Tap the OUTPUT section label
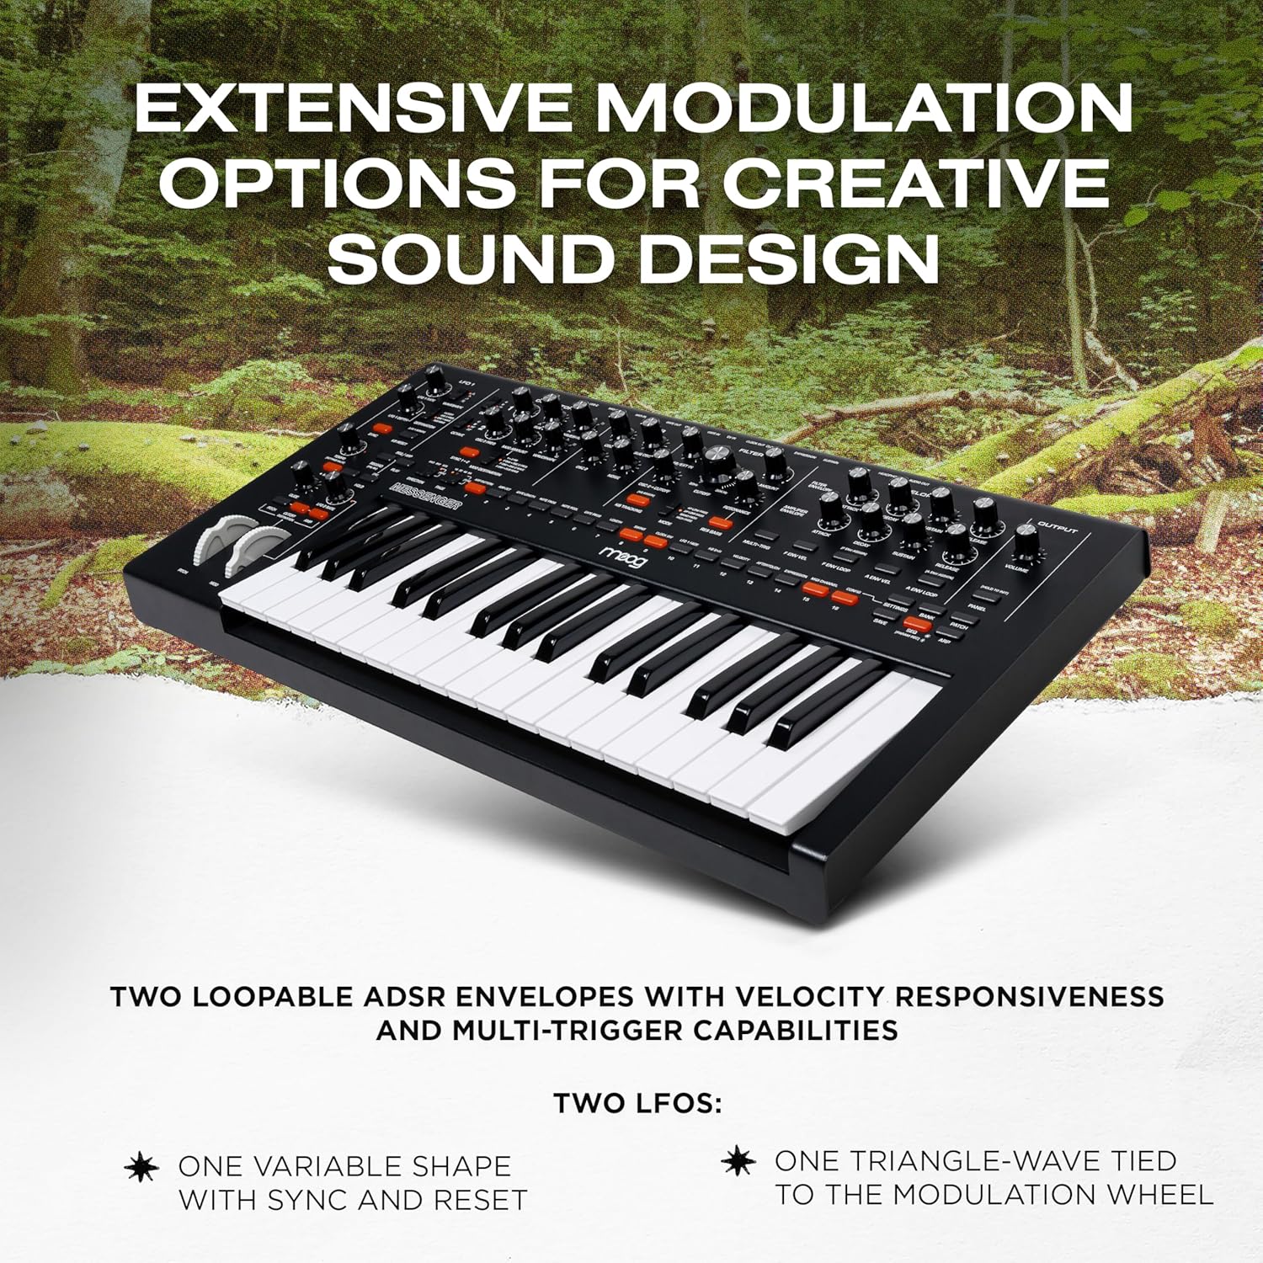(1059, 523)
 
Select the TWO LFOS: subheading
(637, 1103)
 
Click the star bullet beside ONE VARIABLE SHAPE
(141, 1167)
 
